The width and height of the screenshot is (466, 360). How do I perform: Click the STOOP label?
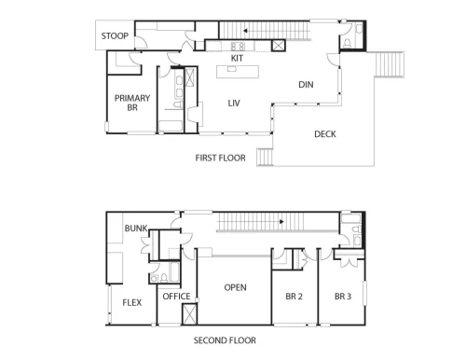115,36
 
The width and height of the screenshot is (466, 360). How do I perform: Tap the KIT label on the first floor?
237,58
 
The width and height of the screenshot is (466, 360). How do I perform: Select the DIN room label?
306,85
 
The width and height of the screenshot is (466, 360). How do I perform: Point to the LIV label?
234,103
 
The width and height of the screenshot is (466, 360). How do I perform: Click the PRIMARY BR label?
132,103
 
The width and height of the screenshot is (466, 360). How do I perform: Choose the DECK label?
325,134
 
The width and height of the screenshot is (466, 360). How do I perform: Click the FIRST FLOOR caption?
220,158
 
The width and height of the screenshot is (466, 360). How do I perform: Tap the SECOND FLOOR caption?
225,340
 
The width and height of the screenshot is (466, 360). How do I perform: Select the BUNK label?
136,228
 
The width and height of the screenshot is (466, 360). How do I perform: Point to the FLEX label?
132,302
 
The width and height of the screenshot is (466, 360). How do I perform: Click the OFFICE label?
176,297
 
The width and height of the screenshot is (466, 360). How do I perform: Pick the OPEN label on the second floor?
235,287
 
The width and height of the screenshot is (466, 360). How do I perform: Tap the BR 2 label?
294,297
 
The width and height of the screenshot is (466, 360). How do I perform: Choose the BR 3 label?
343,297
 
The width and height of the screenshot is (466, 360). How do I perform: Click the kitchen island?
238,72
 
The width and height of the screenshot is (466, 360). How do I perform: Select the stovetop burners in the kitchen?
238,47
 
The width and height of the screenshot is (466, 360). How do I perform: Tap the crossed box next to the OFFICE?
189,313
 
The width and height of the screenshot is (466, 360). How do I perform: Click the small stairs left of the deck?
265,158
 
